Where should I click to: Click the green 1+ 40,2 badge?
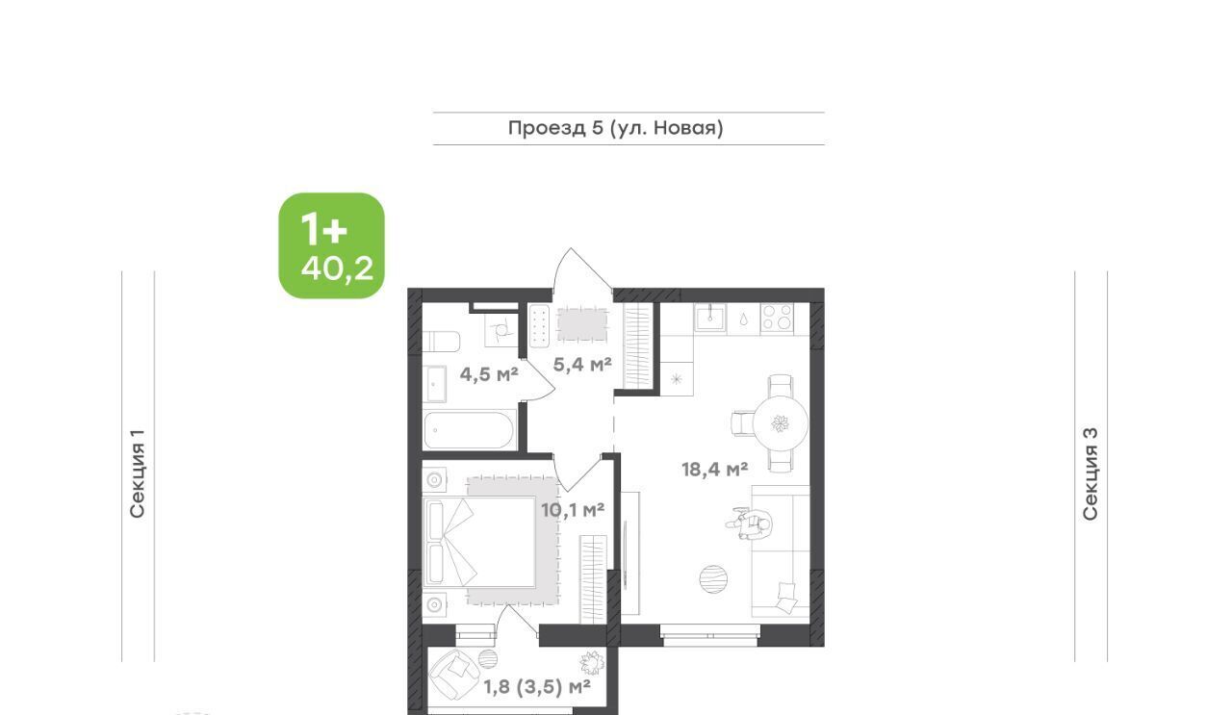[332, 245]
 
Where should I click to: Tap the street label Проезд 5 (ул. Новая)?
[615, 128]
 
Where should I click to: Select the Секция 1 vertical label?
[137, 473]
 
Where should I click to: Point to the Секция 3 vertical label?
[1091, 473]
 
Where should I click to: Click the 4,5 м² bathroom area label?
[489, 374]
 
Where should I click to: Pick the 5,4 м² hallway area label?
[582, 364]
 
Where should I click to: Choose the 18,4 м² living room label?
[714, 470]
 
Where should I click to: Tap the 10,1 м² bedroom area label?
[573, 510]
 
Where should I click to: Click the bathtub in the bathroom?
[469, 430]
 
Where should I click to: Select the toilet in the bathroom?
[441, 342]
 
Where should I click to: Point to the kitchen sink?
[709, 318]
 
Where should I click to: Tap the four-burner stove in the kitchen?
[777, 319]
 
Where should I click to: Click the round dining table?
[781, 424]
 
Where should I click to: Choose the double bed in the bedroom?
[479, 542]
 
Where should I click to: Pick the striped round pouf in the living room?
[713, 579]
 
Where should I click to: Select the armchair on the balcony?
[453, 674]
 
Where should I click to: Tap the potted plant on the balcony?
[592, 663]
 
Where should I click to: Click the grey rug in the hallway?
[582, 324]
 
